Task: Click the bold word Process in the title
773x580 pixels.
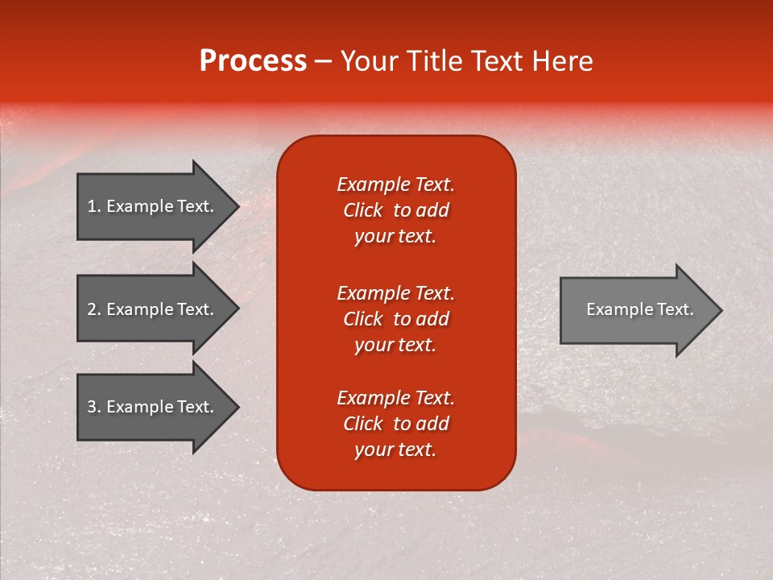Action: [x=253, y=61]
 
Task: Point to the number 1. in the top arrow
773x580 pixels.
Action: [x=94, y=206]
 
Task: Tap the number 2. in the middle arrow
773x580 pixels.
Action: [x=94, y=309]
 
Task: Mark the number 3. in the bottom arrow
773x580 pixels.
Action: [x=94, y=407]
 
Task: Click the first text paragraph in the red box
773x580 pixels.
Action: [x=395, y=210]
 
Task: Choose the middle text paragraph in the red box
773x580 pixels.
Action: [x=395, y=318]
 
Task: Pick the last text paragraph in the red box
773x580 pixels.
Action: [x=395, y=424]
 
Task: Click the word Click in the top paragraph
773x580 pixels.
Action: [x=362, y=210]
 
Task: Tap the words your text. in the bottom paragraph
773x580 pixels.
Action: [x=395, y=449]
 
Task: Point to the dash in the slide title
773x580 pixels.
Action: [x=323, y=62]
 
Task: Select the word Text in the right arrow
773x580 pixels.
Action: [x=675, y=309]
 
